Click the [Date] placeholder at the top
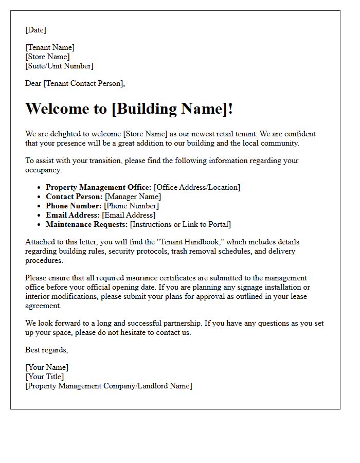click(35, 30)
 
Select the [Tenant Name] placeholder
click(50, 47)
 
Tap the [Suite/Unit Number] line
click(59, 66)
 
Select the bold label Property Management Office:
click(98, 187)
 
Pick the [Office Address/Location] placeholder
click(197, 187)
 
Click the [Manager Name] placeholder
click(133, 197)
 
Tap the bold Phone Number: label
click(74, 206)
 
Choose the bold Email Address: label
click(73, 215)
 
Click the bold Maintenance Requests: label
click(87, 224)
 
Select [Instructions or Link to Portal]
click(181, 224)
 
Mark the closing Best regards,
click(46, 350)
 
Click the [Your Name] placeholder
click(47, 367)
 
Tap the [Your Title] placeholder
click(45, 377)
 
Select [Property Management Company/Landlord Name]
click(109, 386)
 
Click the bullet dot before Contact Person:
click(39, 197)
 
